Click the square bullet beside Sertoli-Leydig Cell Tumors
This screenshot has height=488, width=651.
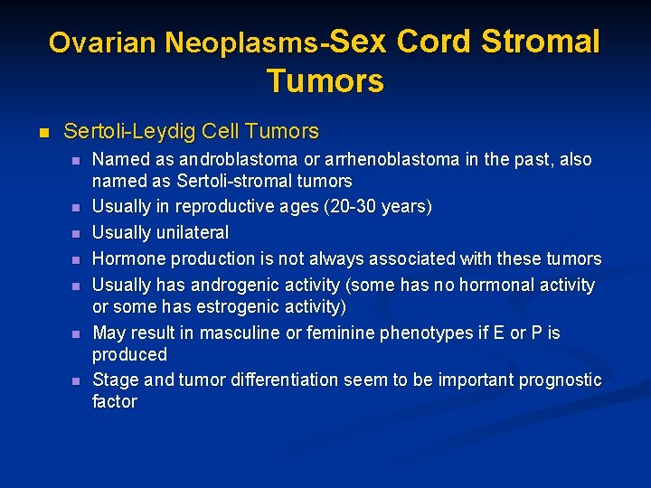tap(40, 132)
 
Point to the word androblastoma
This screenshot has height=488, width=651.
tap(229, 159)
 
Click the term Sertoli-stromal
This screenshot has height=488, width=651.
tap(229, 182)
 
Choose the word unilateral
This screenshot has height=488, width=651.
tap(194, 232)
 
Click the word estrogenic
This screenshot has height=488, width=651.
tap(257, 307)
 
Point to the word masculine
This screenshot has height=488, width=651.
tap(243, 333)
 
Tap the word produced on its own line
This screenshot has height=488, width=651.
tap(129, 354)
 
